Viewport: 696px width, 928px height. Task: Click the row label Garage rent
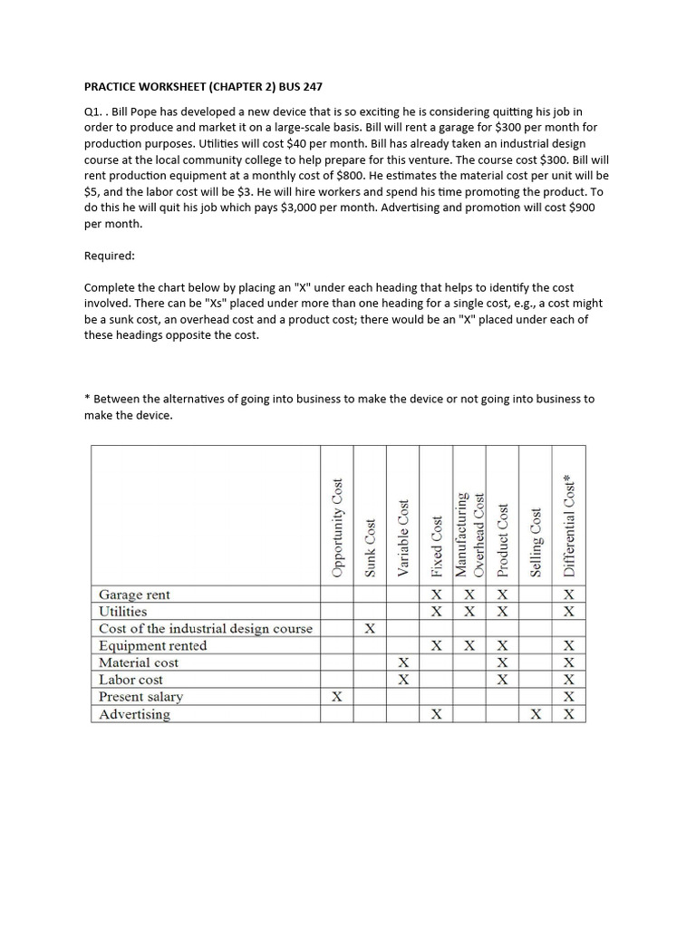coord(134,594)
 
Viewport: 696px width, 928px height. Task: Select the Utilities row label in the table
coord(122,612)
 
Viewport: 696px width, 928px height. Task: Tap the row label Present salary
coord(140,697)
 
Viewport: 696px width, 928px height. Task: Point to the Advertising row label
coord(134,714)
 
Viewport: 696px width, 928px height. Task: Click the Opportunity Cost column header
coord(337,527)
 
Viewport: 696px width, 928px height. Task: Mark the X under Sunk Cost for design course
coord(370,629)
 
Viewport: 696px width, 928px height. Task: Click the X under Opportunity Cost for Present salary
coord(337,697)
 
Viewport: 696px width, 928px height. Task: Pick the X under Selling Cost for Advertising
coord(536,714)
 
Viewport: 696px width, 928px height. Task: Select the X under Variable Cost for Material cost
coord(403,662)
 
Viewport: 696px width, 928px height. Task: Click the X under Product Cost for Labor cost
coord(503,680)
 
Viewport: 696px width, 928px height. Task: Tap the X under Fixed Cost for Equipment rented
coord(437,646)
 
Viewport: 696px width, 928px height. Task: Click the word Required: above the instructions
coord(110,256)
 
